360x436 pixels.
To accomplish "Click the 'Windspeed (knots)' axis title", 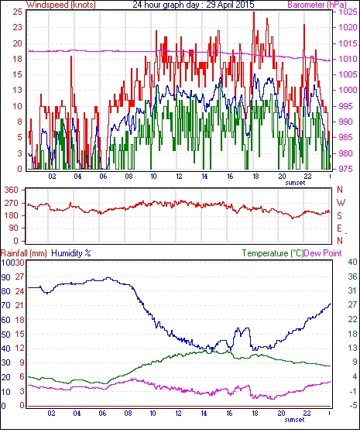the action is [x=61, y=5].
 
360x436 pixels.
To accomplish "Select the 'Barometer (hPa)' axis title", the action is [x=317, y=5].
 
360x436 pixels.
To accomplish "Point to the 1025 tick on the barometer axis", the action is [x=348, y=12].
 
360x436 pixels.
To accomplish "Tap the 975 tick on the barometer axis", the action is [x=348, y=169].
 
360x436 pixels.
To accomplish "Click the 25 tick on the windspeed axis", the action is [x=18, y=12].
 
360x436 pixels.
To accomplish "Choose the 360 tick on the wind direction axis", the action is [x=12, y=191].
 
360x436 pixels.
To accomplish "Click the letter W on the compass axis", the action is [x=341, y=203].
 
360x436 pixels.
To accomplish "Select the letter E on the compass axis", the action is [x=339, y=228].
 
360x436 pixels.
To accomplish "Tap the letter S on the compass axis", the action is [x=339, y=216].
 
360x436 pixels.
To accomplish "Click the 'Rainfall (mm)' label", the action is [x=24, y=253].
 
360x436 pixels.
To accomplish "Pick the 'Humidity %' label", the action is [x=71, y=253].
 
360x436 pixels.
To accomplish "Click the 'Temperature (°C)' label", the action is [x=273, y=253].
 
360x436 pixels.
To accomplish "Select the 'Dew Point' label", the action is [x=323, y=253].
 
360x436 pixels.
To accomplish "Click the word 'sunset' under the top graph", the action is [x=295, y=183].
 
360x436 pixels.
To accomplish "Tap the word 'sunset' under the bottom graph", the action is [x=294, y=420].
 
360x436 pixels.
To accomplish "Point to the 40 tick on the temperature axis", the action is [x=352, y=262].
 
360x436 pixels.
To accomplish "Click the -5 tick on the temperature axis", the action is [x=352, y=405].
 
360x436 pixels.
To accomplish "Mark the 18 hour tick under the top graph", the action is [x=255, y=177].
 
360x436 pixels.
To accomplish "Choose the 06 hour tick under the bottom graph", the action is [x=102, y=414].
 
